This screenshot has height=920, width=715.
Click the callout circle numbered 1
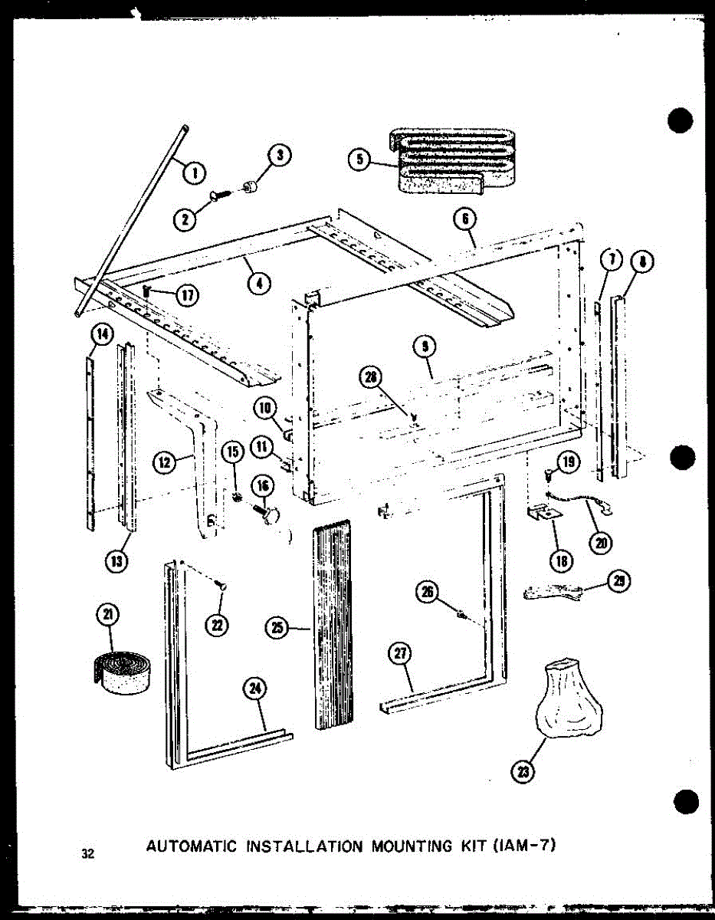coord(194,172)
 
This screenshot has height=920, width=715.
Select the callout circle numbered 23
coord(523,772)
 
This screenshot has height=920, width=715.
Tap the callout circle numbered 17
coord(185,294)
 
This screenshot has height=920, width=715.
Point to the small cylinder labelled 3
coord(251,188)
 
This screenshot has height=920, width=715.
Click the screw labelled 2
coord(218,200)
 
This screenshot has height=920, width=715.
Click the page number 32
coord(89,853)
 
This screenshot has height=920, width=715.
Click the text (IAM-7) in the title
coord(524,846)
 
